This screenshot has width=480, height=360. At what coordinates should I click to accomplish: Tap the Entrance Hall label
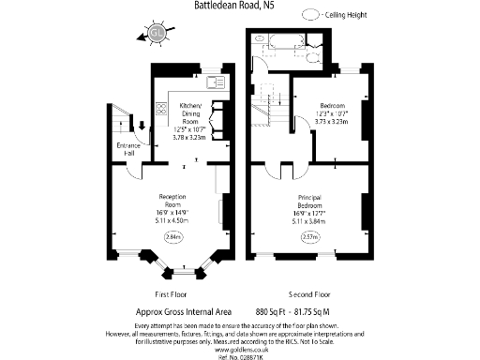128,150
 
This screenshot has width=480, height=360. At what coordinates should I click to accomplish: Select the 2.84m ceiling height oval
173,237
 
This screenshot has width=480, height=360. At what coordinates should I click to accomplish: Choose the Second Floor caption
309,293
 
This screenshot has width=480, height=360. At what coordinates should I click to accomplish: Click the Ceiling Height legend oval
311,15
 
